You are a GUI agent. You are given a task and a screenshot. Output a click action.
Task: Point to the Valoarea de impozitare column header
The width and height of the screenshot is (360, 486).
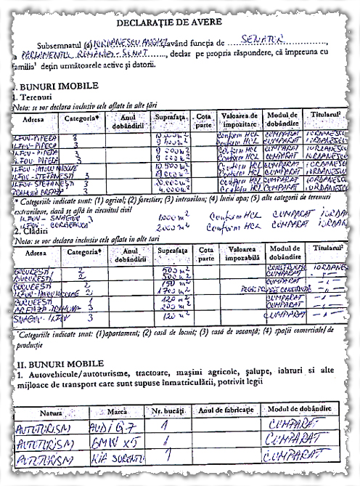(240, 120)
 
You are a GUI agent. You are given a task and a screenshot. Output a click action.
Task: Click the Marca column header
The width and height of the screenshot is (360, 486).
(118, 411)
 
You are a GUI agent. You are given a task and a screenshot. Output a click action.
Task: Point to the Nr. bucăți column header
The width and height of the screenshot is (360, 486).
(166, 411)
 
